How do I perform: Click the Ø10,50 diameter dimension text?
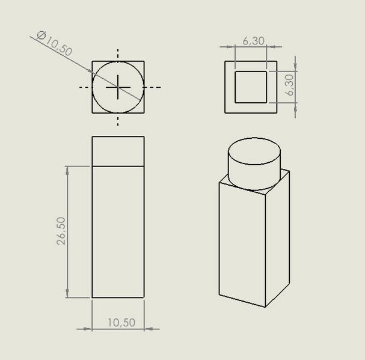[55, 43]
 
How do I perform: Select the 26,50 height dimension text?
[61, 231]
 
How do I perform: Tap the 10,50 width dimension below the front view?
[121, 323]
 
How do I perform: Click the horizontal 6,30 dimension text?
[254, 41]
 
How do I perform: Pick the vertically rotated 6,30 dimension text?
[290, 85]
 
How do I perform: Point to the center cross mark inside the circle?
[118, 87]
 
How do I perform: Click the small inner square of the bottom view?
[251, 87]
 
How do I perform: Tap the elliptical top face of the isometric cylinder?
[254, 151]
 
